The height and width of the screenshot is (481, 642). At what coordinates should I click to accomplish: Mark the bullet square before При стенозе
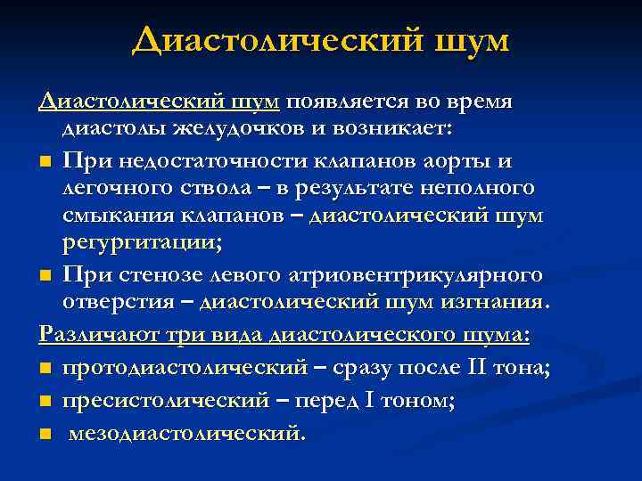tap(45, 276)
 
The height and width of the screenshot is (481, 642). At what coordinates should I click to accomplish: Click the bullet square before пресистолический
tap(45, 404)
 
